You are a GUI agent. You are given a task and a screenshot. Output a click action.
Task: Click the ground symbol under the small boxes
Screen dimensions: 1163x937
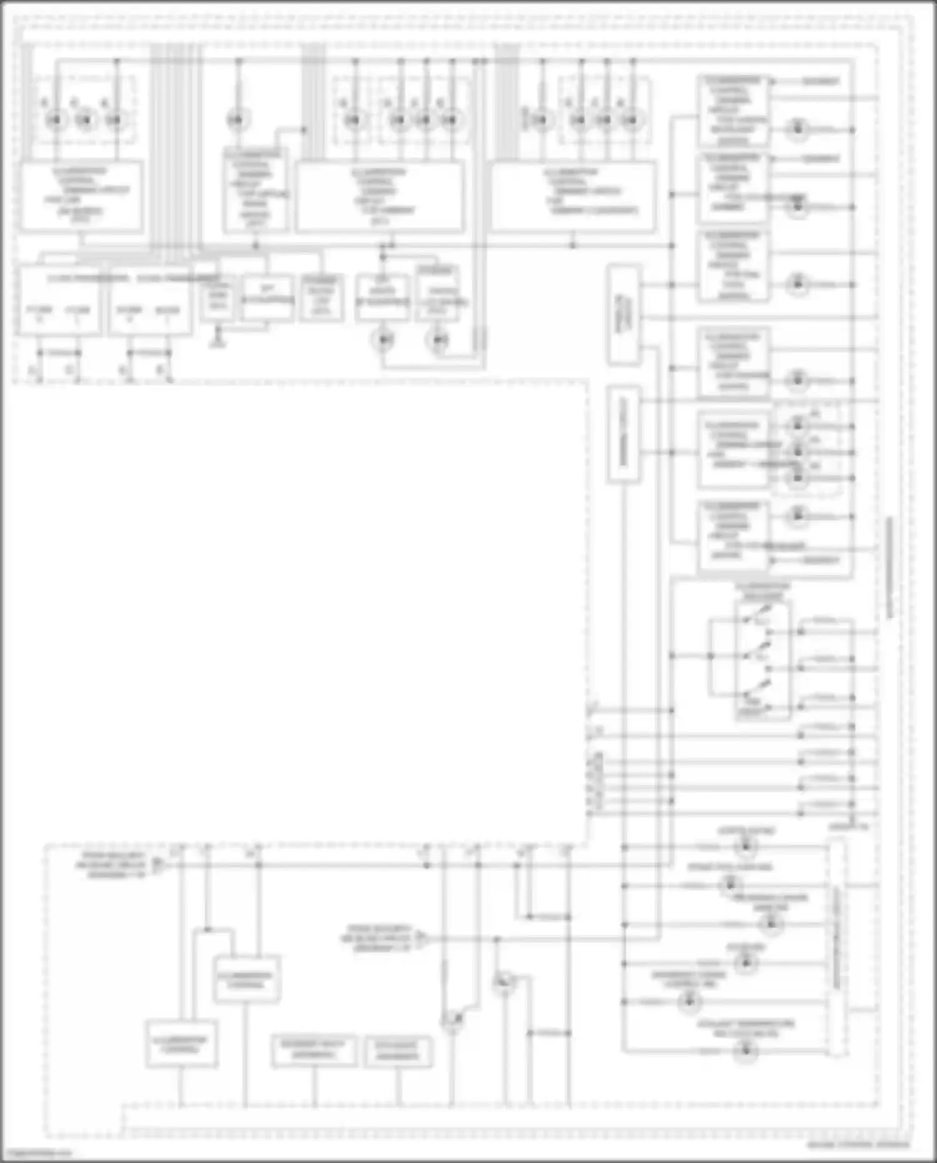tap(217, 341)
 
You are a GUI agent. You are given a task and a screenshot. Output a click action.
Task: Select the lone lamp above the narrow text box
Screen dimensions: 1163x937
tap(237, 119)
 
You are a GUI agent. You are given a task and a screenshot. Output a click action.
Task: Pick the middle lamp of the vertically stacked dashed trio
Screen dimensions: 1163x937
tap(798, 452)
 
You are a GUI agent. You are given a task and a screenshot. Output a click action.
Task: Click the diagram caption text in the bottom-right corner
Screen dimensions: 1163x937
tap(858, 1145)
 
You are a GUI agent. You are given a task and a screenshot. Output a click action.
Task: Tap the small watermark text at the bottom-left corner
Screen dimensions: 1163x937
tap(37, 1154)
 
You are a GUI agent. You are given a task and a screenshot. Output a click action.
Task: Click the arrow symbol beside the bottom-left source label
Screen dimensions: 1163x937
tap(159, 865)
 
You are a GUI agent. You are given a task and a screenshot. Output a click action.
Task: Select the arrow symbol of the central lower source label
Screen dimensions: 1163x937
tap(422, 938)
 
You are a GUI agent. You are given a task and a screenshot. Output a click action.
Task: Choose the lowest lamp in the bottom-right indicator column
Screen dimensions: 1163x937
tap(745, 1051)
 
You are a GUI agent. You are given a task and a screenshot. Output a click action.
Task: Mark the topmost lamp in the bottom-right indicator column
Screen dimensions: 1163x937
tap(745, 847)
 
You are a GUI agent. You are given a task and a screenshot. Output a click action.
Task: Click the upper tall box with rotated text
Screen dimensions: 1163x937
tap(623, 315)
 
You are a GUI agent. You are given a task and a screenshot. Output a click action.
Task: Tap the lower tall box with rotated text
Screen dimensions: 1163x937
tap(623, 434)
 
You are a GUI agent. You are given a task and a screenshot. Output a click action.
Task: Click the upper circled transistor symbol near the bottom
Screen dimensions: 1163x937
tap(503, 983)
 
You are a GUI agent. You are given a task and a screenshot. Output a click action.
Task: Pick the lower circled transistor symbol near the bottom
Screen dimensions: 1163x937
tap(453, 1021)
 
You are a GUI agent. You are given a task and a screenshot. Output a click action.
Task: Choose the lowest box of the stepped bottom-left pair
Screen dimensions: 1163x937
tap(182, 1044)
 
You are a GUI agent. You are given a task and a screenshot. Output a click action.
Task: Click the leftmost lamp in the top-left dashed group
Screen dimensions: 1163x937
tap(56, 119)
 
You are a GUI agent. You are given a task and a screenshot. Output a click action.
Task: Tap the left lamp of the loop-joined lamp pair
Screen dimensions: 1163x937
tap(382, 340)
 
